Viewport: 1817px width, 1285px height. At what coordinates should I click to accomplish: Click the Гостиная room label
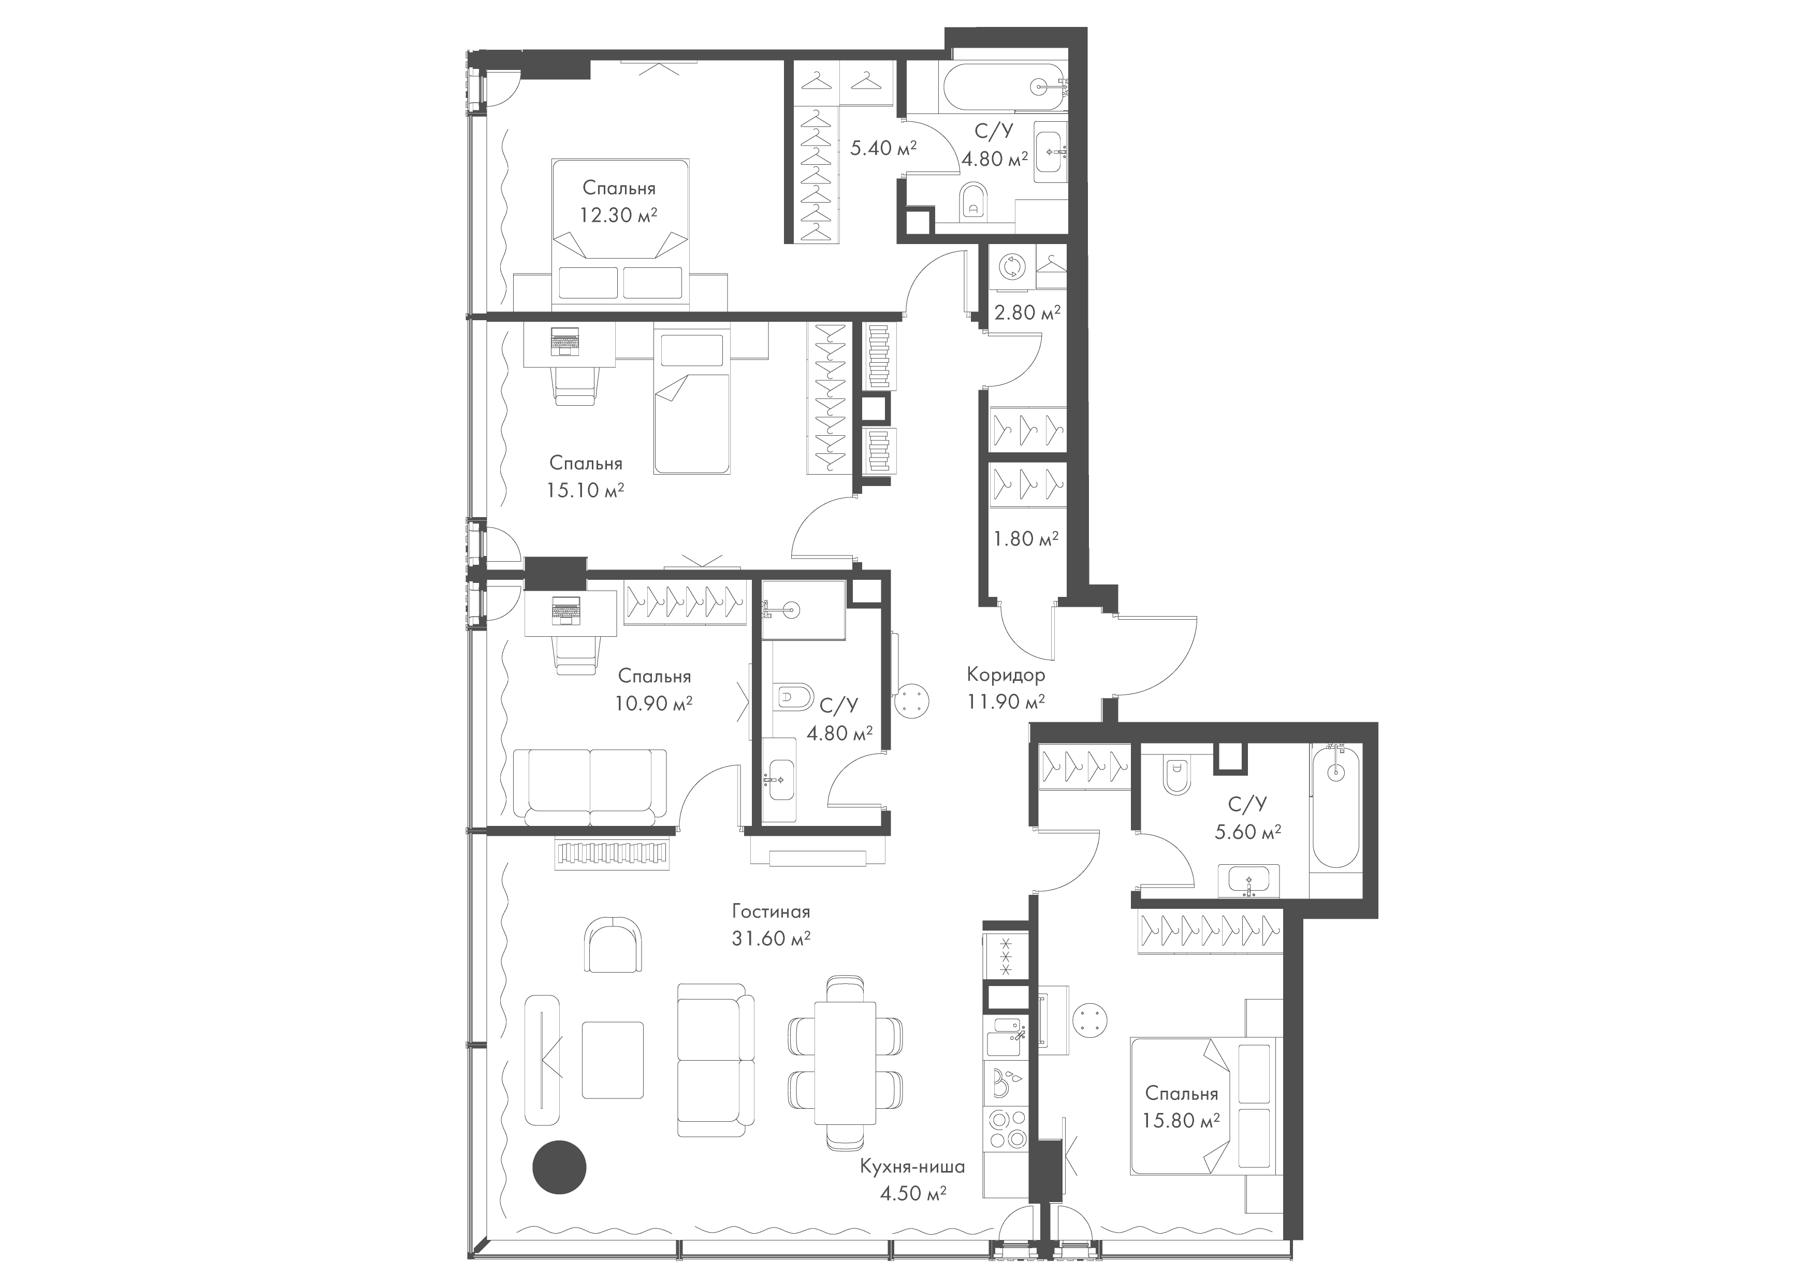pos(771,911)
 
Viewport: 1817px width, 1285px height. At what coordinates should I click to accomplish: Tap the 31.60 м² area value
pos(771,938)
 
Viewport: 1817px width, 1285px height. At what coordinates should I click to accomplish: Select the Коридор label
pos(1006,675)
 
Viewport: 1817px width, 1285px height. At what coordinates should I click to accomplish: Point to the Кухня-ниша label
pos(912,1166)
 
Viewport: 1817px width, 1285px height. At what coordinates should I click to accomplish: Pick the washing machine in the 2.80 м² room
pos(1011,267)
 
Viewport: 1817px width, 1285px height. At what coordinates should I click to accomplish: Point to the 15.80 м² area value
pos(1181,1120)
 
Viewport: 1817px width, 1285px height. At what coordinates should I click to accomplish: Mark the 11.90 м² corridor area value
pos(1006,702)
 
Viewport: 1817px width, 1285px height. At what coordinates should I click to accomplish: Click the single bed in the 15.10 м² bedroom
pos(692,403)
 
